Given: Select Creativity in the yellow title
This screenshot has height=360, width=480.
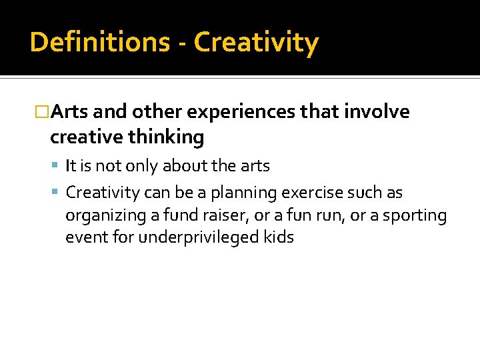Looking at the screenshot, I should coord(257,43).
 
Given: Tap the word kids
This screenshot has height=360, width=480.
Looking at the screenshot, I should coord(278,237).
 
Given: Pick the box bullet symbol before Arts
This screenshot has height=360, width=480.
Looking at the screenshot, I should coord(42,112).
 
